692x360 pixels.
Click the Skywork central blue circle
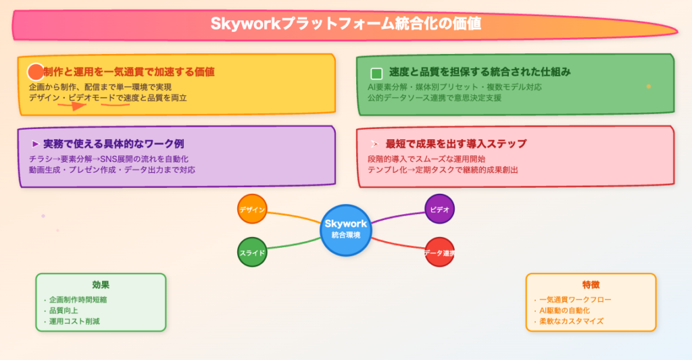345,230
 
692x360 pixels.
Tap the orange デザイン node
252,209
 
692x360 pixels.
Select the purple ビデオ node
439,209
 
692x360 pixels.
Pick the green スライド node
252,253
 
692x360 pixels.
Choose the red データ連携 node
439,253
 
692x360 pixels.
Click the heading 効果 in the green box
101,284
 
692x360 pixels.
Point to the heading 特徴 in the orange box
591,284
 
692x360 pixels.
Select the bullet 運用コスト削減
75,322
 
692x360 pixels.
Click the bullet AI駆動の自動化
566,310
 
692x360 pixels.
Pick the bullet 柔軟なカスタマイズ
571,322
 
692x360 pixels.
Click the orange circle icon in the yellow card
35,72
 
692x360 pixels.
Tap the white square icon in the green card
376,73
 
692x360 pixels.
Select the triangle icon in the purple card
35,144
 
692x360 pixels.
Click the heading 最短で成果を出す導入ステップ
455,144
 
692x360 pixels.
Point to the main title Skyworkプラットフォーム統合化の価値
345,24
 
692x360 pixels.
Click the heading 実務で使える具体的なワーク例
114,144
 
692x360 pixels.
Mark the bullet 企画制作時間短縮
78,299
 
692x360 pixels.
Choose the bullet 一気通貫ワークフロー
575,299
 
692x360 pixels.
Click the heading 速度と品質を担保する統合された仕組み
480,72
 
